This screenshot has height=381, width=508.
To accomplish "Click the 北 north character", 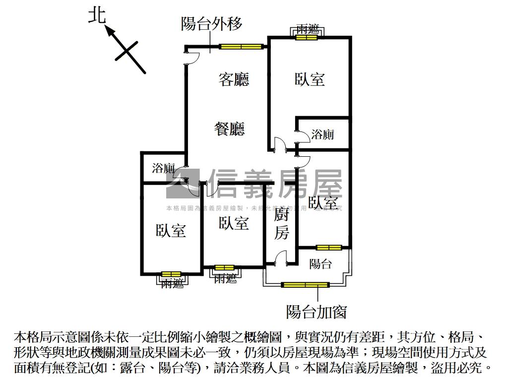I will coord(97,15).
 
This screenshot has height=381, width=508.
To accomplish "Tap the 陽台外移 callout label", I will coord(211,24).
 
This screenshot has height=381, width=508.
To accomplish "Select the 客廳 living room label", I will coord(234,80).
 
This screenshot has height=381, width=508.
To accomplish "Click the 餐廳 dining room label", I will coord(229,129).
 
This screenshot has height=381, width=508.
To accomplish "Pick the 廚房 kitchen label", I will coord(281,224).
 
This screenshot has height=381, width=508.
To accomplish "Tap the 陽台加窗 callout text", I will coord(316,312).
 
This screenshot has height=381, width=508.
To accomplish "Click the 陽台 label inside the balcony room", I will coord(320,263).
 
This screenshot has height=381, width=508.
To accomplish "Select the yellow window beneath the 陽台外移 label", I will coord(241,47).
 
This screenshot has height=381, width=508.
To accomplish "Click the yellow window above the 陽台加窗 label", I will coord(305,285).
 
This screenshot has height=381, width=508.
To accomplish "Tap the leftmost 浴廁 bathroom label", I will coord(164,168).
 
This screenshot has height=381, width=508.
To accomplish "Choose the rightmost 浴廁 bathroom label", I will coord(322,134).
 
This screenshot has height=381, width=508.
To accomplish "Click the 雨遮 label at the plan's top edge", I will coord(308,29).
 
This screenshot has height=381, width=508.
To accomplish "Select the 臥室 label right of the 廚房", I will coord(323,203).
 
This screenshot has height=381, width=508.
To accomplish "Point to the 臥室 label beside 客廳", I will coord(310,79).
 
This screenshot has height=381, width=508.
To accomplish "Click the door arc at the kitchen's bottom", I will coord(281,258).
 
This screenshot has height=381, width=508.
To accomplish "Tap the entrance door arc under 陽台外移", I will coord(192,58).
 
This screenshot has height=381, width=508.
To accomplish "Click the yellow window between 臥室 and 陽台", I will coord(329,247).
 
